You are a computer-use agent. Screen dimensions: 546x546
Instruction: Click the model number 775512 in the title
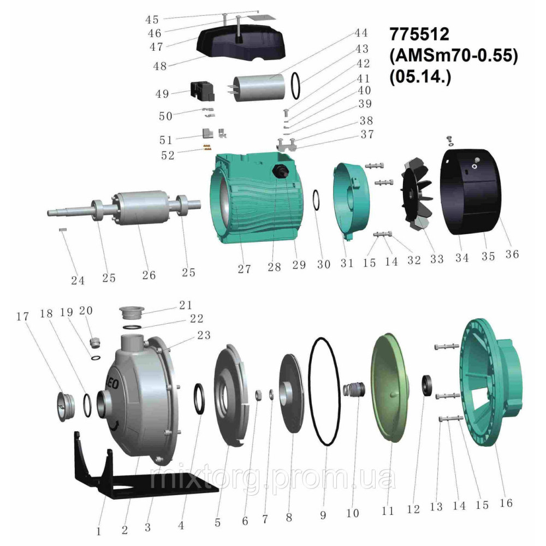click(x=419, y=34)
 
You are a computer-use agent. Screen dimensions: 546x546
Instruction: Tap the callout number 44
click(x=361, y=33)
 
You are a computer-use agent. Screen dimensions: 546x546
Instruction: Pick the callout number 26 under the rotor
click(x=149, y=275)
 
